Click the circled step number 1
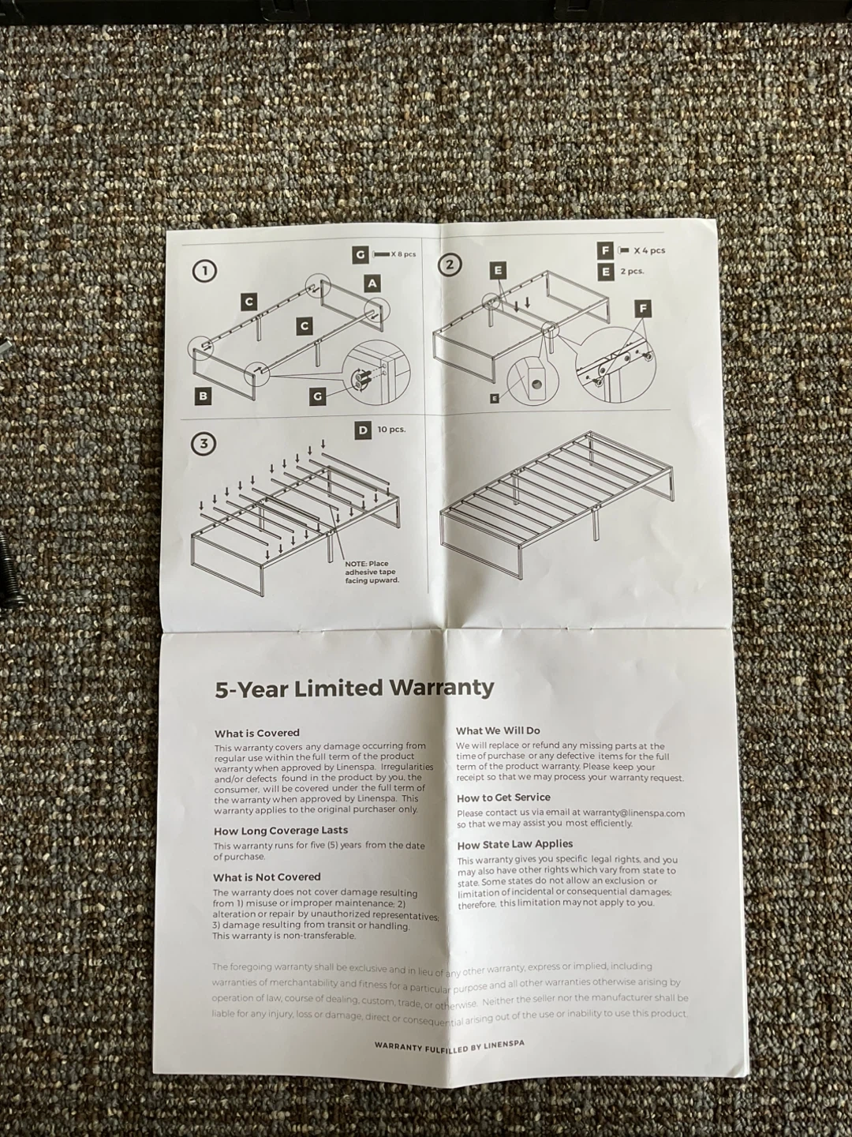pos(205,271)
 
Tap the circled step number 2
pos(450,265)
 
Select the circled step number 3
pos(204,444)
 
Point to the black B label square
pos(203,396)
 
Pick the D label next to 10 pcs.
pos(364,430)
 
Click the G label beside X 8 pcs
pos(361,254)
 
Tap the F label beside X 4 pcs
pos(605,251)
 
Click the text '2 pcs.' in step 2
pos(632,272)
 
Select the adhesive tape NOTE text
pos(372,572)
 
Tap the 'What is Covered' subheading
pos(257,733)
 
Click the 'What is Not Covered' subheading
pos(267,877)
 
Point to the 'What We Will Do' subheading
pos(498,731)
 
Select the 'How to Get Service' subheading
pos(503,797)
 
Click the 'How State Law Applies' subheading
pos(515,845)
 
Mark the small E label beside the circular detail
pos(495,398)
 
